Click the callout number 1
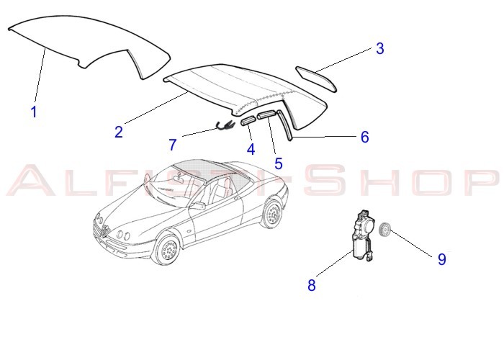34,112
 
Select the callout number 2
119,132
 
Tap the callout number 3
380,48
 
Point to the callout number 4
251,149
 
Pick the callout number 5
279,163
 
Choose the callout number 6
365,137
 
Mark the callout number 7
173,145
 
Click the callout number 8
312,285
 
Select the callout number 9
442,259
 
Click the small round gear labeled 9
384,230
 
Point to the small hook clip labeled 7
224,126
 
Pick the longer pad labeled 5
266,114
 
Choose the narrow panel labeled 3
315,78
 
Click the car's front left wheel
168,249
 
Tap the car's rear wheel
273,213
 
